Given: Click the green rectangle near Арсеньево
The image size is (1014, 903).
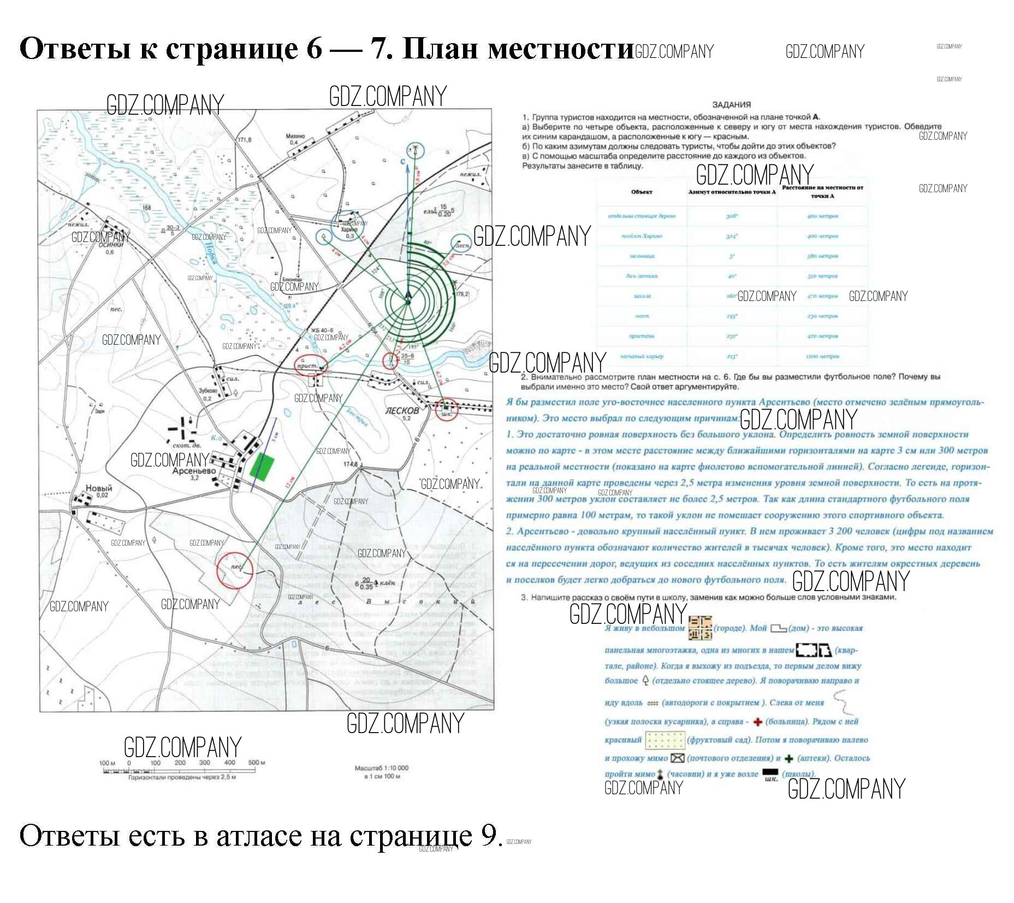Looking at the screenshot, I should [x=262, y=467].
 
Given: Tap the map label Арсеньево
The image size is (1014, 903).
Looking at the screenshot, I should [x=194, y=470].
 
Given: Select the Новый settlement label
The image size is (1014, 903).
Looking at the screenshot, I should [x=98, y=488].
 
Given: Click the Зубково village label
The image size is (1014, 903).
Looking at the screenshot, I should [x=207, y=391].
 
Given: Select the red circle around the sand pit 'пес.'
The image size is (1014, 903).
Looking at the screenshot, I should [x=235, y=569].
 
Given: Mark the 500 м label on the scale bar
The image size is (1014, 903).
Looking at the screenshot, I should [x=257, y=762].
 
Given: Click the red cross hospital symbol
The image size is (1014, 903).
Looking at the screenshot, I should [x=757, y=722].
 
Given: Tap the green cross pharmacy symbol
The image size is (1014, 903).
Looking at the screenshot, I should [x=788, y=758].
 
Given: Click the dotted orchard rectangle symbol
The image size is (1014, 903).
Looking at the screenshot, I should [x=665, y=740].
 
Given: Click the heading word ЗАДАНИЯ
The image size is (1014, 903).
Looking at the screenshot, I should [x=731, y=104].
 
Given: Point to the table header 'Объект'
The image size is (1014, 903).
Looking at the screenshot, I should [x=642, y=192].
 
